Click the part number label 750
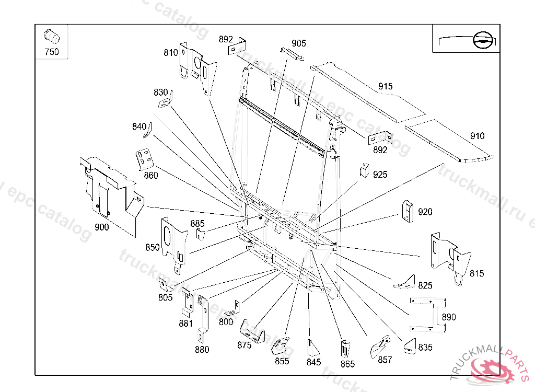click(52, 52)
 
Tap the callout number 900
click(101, 227)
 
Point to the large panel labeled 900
click(110, 188)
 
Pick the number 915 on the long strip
click(385, 86)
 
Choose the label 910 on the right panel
click(477, 136)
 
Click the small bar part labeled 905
click(292, 53)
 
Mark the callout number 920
click(425, 212)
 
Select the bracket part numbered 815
click(449, 256)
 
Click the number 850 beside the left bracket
click(153, 247)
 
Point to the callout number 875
click(244, 345)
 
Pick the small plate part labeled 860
click(145, 159)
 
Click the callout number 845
click(314, 362)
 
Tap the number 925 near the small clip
click(380, 175)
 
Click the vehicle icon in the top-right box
click(482, 40)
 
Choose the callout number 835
click(425, 347)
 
